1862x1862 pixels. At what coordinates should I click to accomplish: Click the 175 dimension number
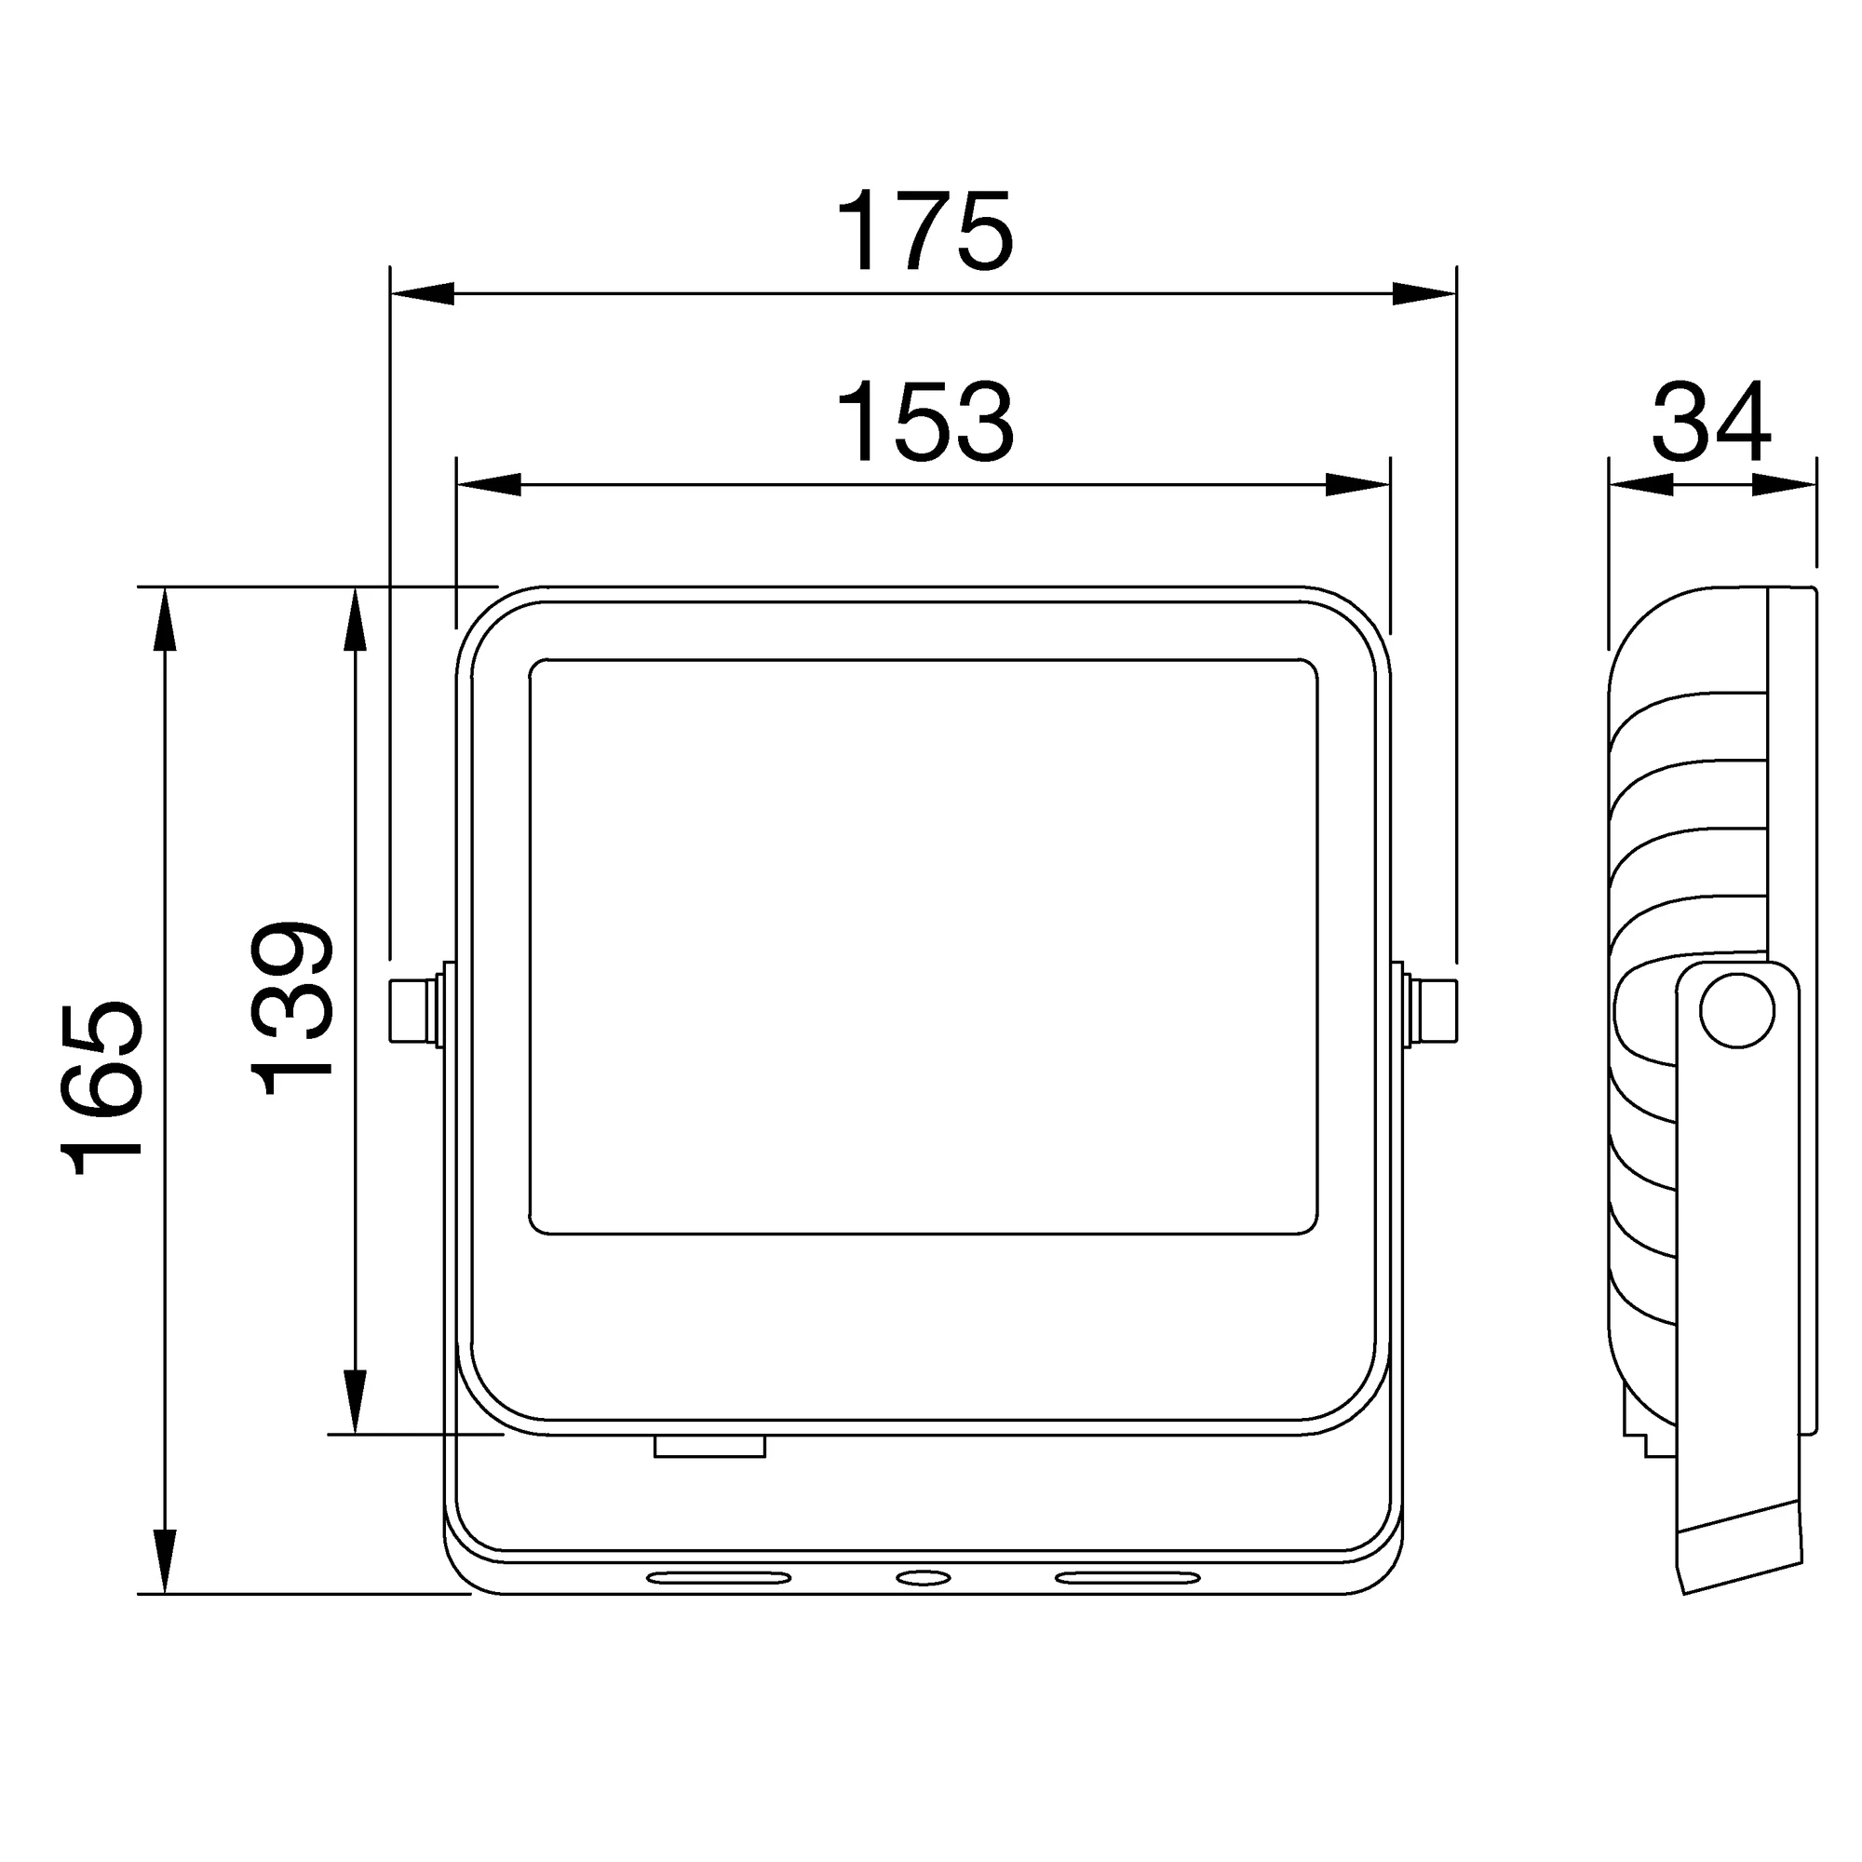[924, 231]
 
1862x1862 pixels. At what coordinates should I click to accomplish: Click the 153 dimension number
[924, 423]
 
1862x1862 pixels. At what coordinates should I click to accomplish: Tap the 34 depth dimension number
[1712, 422]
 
